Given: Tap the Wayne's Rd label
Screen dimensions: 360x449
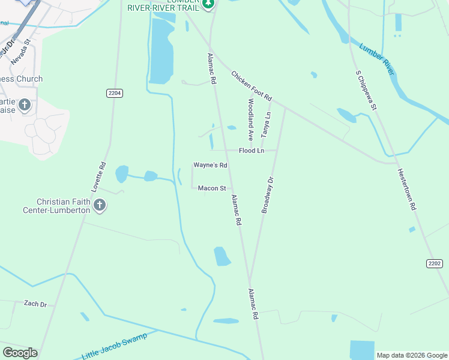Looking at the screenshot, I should pyautogui.click(x=210, y=165).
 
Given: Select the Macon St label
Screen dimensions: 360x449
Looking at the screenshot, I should pyautogui.click(x=212, y=188).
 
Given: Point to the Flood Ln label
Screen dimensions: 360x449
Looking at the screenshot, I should pyautogui.click(x=251, y=151).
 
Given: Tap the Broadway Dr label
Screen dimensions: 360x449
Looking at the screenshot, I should pyautogui.click(x=267, y=195).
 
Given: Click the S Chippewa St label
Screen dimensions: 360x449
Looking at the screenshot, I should pyautogui.click(x=366, y=91).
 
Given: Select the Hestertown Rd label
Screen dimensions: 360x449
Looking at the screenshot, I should pyautogui.click(x=406, y=188).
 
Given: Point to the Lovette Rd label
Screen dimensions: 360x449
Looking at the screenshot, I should pyautogui.click(x=98, y=177).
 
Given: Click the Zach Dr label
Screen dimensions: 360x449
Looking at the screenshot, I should pyautogui.click(x=35, y=304).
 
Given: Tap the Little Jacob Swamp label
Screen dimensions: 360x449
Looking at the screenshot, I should pyautogui.click(x=114, y=347).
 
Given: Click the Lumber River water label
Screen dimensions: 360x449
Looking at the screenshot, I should pyautogui.click(x=376, y=59).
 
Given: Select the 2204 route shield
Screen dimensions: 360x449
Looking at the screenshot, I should pyautogui.click(x=115, y=93).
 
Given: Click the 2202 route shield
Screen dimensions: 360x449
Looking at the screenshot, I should pyautogui.click(x=435, y=263).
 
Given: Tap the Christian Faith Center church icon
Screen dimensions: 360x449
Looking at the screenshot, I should pyautogui.click(x=100, y=206).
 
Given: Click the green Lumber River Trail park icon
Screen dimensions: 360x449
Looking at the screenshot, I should pyautogui.click(x=208, y=5).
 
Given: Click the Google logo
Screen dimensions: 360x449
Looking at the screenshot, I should pyautogui.click(x=20, y=353).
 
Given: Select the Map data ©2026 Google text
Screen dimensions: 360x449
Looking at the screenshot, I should pyautogui.click(x=411, y=355).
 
